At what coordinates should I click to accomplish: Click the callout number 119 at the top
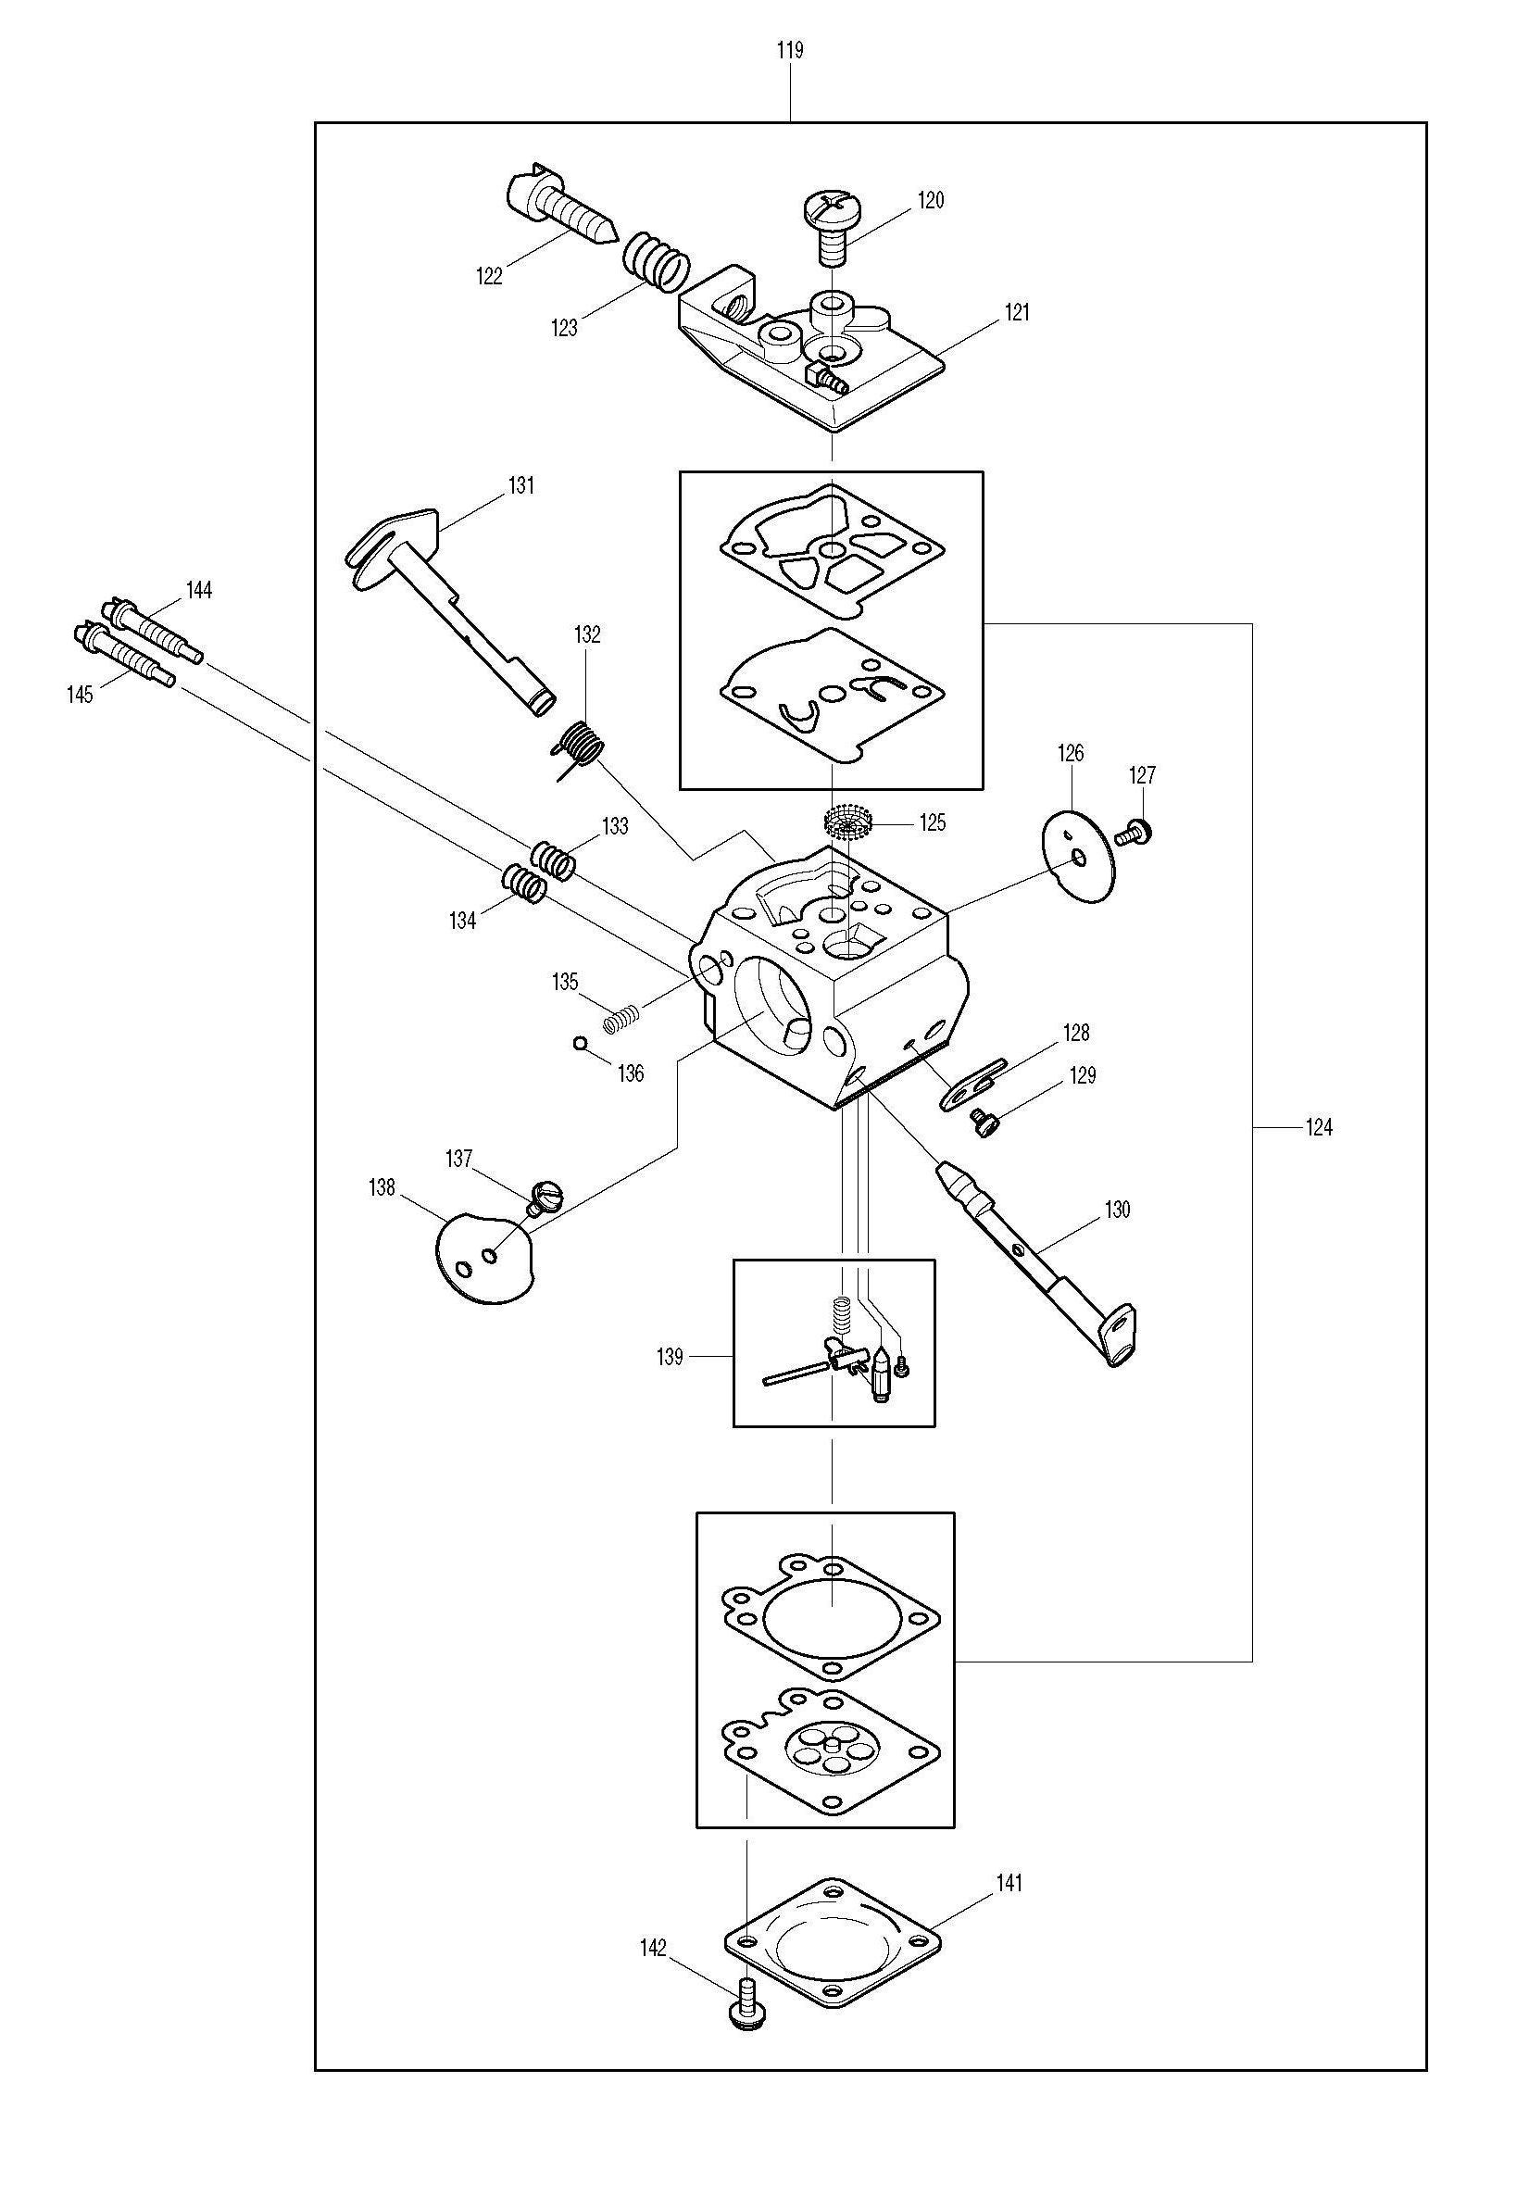click(x=790, y=50)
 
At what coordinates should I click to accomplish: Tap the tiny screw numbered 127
click(x=1134, y=834)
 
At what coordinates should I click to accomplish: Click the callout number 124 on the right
click(x=1320, y=1128)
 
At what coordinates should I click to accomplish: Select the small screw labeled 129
click(x=982, y=1123)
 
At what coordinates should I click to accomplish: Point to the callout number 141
click(x=1009, y=1883)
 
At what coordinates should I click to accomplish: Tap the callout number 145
click(x=80, y=695)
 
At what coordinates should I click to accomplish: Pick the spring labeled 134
click(x=524, y=883)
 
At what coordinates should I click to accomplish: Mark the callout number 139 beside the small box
click(x=671, y=1357)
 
